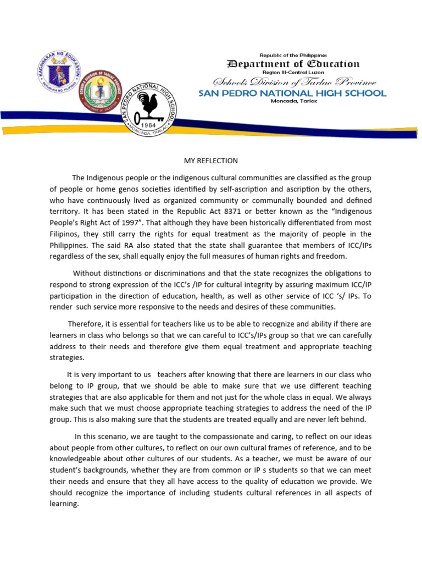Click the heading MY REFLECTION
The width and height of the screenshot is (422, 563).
click(x=211, y=161)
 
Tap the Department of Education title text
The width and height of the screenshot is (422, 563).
click(x=293, y=64)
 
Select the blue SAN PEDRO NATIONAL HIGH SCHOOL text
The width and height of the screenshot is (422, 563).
click(x=292, y=93)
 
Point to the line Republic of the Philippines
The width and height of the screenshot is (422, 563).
click(x=293, y=55)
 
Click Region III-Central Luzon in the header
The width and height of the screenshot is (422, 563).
click(x=293, y=72)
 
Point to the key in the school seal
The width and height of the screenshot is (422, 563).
click(x=148, y=118)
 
